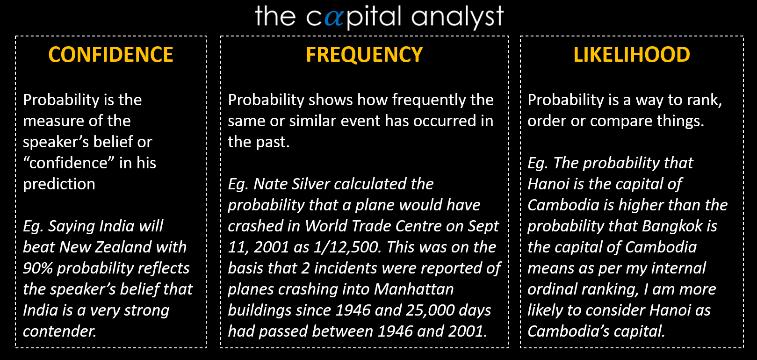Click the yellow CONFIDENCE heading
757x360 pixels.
[111, 55]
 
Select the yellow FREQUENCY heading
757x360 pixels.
[364, 55]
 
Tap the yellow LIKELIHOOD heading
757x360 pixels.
[632, 55]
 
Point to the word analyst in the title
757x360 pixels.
[457, 17]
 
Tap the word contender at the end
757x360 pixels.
[59, 331]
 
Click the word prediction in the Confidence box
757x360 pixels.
[59, 184]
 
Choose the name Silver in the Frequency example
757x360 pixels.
[311, 184]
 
